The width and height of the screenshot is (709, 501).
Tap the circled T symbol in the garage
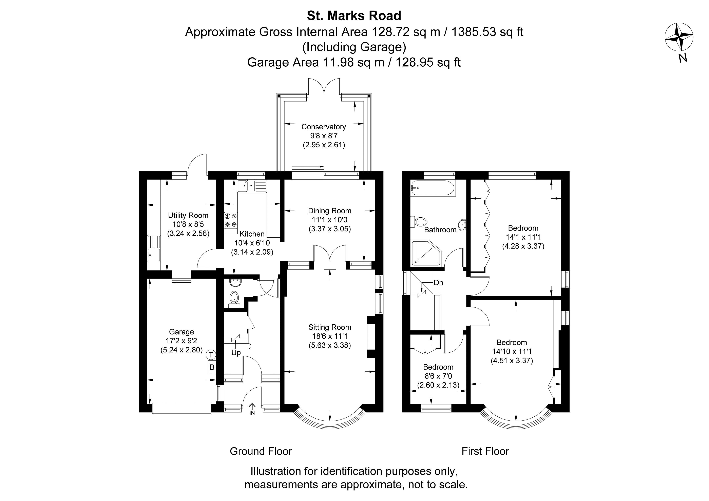(x=211, y=355)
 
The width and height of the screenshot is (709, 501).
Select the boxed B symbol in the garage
(x=212, y=367)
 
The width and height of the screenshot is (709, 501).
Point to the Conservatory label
(x=323, y=127)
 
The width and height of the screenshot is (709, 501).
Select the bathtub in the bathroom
(x=433, y=188)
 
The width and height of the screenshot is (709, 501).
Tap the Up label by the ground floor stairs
(x=236, y=353)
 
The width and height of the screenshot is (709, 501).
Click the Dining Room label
(x=329, y=211)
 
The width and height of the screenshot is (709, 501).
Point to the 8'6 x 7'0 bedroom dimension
(x=438, y=376)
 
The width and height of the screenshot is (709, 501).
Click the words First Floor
(x=485, y=451)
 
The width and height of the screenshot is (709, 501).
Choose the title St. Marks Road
(x=354, y=16)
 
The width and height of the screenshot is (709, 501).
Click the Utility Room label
(x=188, y=215)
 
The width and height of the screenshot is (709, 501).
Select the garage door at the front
(x=181, y=408)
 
